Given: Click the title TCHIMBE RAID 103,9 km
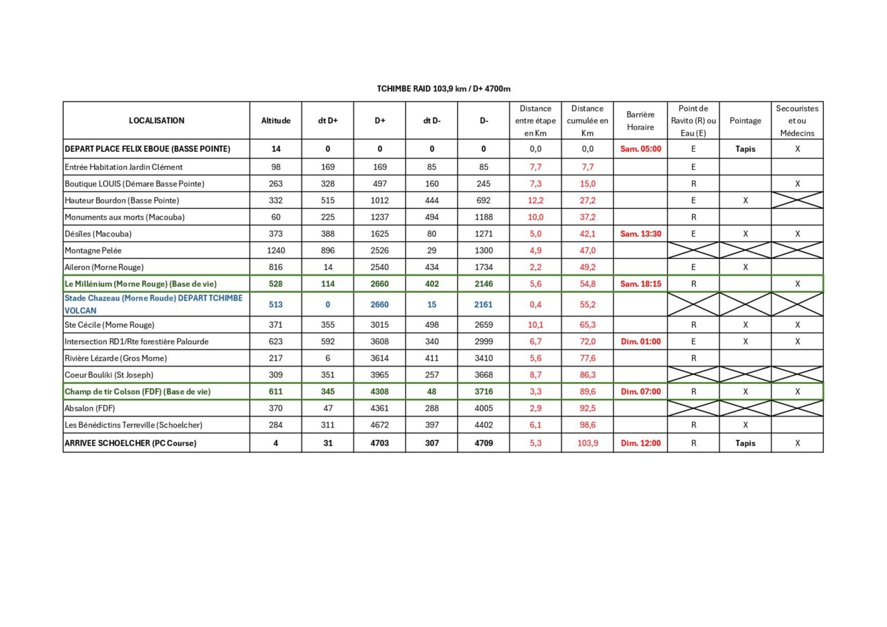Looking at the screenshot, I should pos(443,89).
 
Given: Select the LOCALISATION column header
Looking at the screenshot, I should pos(156,120).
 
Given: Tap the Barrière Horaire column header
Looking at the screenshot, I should pos(640,120).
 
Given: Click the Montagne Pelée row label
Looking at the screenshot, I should pos(93,251).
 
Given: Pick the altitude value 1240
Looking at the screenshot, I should pos(276,251).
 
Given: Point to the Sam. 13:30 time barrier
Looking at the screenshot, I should pos(640,234).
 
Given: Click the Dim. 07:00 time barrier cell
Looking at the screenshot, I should pos(640,391).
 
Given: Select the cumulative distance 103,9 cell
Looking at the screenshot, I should pos(588,443).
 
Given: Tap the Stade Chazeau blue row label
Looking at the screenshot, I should pos(153,304).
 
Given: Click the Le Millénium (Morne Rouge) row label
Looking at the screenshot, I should pos(140,284).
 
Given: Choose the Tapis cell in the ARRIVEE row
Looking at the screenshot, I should pos(745,443).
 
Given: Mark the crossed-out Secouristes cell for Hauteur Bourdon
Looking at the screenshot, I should pos(797,200).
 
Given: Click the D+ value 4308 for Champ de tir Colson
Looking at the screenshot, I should pos(380,391).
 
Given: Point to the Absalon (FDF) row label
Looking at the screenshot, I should pos(90,409).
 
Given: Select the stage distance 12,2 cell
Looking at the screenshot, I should pos(536,200).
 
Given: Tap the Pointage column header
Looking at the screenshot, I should pos(745,120).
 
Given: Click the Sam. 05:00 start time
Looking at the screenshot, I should pos(640,149).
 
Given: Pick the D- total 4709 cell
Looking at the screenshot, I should pos(483,443).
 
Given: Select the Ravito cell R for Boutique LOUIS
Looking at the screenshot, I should pos(693,183).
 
